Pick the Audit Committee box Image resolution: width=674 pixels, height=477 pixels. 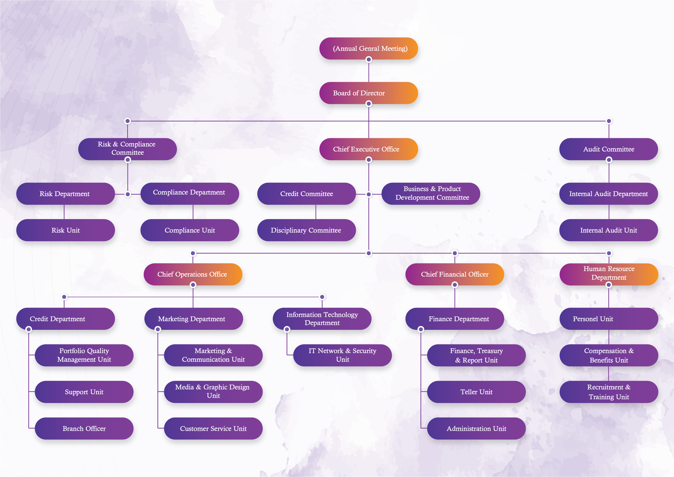point(608,149)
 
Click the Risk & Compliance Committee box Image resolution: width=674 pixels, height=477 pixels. point(127,148)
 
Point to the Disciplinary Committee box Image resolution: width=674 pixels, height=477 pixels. point(306,230)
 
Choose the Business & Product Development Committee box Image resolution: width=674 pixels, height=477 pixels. point(431,193)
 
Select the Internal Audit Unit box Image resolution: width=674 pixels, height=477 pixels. point(608,230)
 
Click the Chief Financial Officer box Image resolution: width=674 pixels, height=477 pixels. point(454,274)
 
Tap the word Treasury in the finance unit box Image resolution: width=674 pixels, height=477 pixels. point(490,351)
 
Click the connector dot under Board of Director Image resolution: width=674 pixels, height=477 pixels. point(369,104)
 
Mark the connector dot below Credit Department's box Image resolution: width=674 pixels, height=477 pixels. point(29,329)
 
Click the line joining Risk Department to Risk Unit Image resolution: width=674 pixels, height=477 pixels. point(64,212)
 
